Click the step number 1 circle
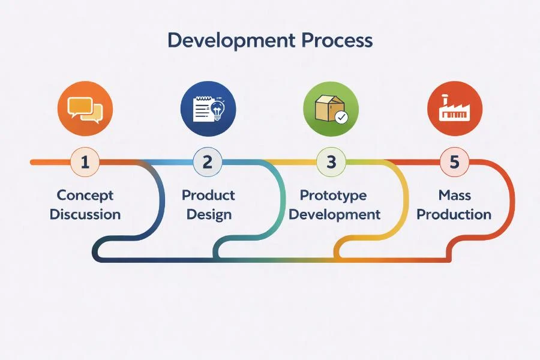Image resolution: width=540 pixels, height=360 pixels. (x=85, y=162)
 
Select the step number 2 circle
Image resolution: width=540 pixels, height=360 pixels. (x=208, y=162)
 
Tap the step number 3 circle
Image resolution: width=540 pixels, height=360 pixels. (x=331, y=162)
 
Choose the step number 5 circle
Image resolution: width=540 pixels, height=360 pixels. (x=454, y=162)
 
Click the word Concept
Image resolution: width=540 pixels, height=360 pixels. (x=85, y=196)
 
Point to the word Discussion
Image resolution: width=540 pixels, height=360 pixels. (x=85, y=214)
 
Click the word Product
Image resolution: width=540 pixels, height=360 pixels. (x=208, y=196)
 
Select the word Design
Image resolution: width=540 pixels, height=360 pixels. (x=209, y=214)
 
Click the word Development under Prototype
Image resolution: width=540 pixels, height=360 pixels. (x=334, y=214)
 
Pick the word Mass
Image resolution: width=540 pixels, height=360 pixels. (x=454, y=196)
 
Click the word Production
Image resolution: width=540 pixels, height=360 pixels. (x=454, y=214)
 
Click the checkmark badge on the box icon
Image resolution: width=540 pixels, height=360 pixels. (x=341, y=117)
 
